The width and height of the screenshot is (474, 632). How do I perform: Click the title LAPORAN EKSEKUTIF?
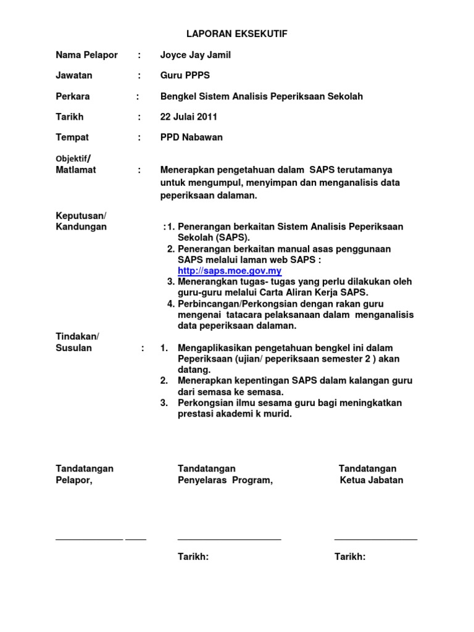coord(238,34)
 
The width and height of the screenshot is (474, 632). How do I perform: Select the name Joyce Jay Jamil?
coord(195,55)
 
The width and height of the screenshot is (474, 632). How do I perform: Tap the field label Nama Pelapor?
coord(86,55)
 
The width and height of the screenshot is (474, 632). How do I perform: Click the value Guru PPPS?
coord(185,75)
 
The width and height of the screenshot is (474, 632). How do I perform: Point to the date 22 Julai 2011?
coord(188,117)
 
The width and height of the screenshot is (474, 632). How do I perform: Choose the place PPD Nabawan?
coord(191,137)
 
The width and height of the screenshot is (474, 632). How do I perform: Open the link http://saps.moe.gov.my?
coord(230,271)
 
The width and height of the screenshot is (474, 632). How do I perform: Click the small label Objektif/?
coord(73,159)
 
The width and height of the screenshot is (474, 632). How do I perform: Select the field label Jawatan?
coord(74,75)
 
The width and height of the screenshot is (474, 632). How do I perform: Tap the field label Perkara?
coord(73,96)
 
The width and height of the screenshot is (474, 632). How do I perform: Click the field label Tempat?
coord(72,137)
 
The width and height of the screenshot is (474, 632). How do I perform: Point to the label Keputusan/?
coord(81,215)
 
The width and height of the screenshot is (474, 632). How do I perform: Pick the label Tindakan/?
coord(77,336)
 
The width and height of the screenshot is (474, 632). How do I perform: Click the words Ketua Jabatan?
coord(372,480)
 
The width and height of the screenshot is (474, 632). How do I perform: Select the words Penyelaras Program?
coord(225,480)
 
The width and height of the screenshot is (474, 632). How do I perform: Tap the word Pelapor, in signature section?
coord(74,480)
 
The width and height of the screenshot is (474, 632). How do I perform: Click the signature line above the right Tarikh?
coord(375,539)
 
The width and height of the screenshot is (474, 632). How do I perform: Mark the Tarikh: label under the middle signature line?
coord(193,557)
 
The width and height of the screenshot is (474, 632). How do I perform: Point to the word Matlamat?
coord(76,170)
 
